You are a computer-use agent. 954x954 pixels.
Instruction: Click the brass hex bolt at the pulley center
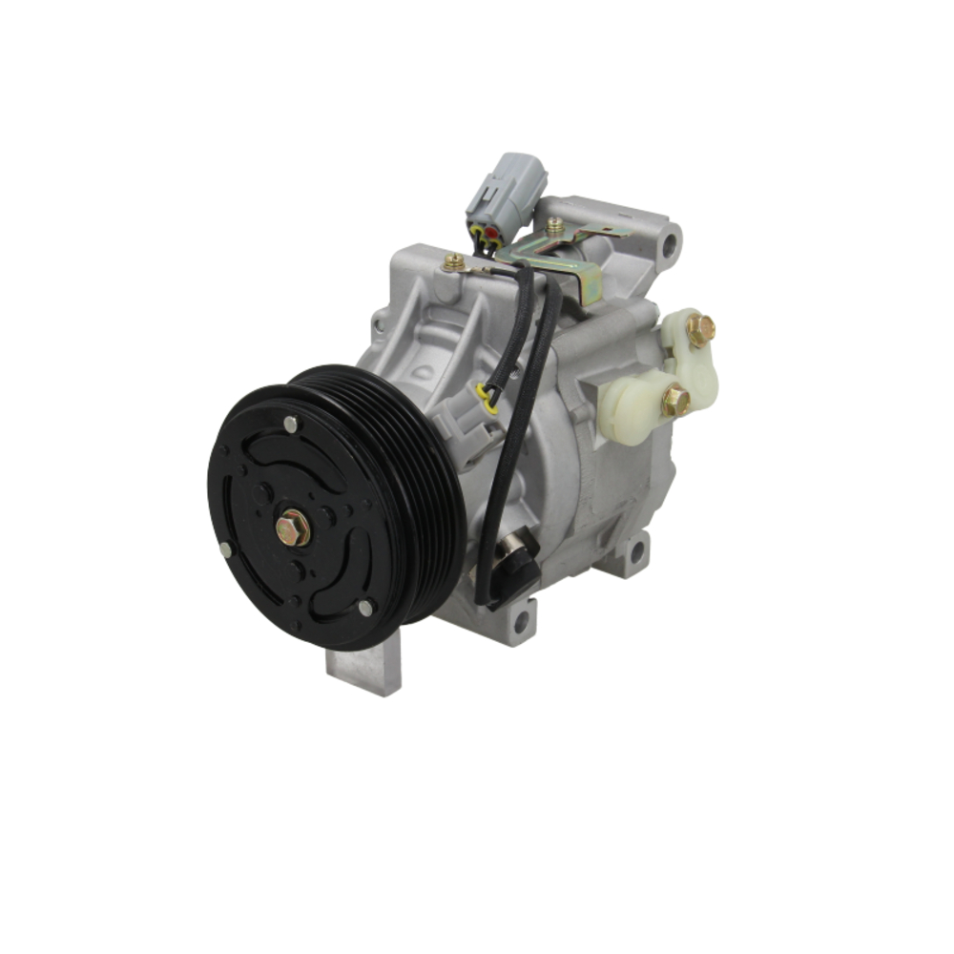(293, 528)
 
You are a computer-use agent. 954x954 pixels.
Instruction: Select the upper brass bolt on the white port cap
(700, 330)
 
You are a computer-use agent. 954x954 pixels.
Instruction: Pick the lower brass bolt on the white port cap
(675, 401)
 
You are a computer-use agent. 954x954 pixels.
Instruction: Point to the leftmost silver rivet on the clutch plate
(225, 550)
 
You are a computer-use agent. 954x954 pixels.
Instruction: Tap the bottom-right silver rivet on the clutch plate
(364, 607)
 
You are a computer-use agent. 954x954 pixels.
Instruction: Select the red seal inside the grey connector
(491, 232)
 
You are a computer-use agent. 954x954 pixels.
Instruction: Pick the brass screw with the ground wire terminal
(454, 261)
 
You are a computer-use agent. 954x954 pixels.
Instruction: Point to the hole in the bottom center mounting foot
(520, 623)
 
